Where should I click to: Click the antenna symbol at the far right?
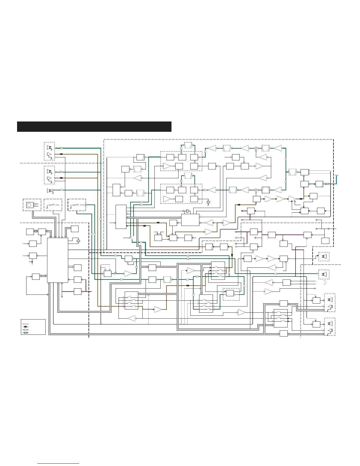pyautogui.click(x=337, y=177)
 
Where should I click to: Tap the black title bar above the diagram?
pyautogui.click(x=94, y=127)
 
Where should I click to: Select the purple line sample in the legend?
pyautogui.click(x=25, y=324)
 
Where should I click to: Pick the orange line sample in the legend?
pyautogui.click(x=25, y=327)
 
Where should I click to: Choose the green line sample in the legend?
pyautogui.click(x=25, y=330)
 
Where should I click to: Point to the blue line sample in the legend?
pyautogui.click(x=25, y=333)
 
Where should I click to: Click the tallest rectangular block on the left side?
pyautogui.click(x=57, y=260)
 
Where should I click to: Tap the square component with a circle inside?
pyautogui.click(x=29, y=205)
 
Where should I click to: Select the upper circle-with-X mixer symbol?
pyautogui.click(x=256, y=148)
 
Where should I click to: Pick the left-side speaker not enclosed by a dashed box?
pyautogui.click(x=50, y=190)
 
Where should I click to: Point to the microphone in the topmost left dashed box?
pyautogui.click(x=49, y=154)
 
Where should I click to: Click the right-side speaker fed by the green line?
pyautogui.click(x=324, y=274)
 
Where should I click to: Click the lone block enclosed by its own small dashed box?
pyautogui.click(x=230, y=293)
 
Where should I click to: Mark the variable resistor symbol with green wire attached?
pyautogui.click(x=77, y=205)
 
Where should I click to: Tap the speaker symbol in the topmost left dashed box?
pyautogui.click(x=49, y=147)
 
